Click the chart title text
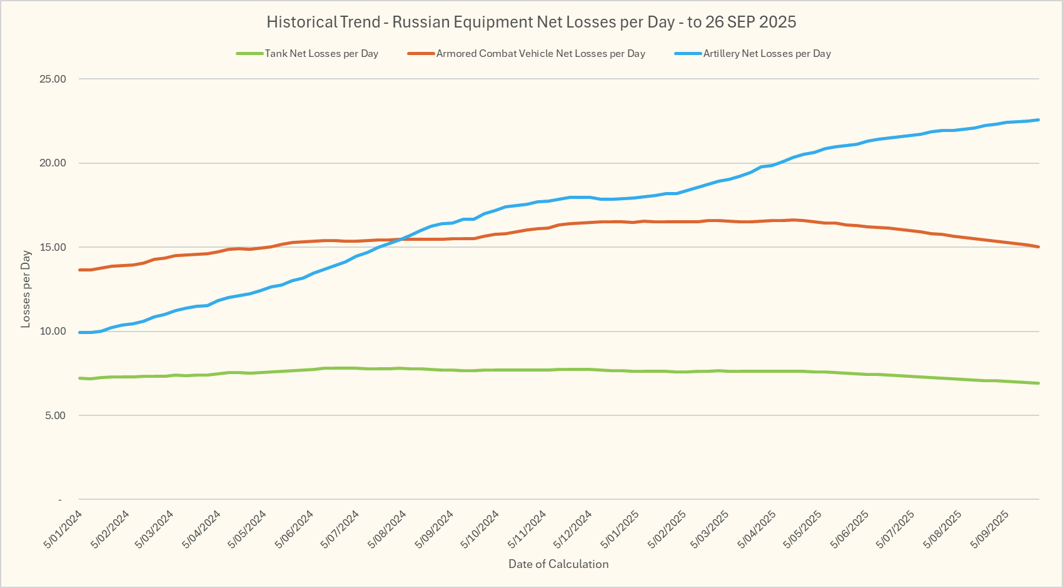coord(531,22)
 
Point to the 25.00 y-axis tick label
coord(53,79)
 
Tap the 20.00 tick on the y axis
coord(53,163)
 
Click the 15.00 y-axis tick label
coord(53,247)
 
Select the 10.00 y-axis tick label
coord(53,332)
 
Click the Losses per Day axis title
coord(26,289)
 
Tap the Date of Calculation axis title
coord(558,564)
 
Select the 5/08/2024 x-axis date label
coord(388,529)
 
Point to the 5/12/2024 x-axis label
coord(573,529)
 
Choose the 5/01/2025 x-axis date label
coord(620,529)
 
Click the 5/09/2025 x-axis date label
coord(990,529)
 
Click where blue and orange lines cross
coord(401,239)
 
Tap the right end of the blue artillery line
coord(1039,119)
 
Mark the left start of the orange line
coord(80,270)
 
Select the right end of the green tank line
coord(1039,383)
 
